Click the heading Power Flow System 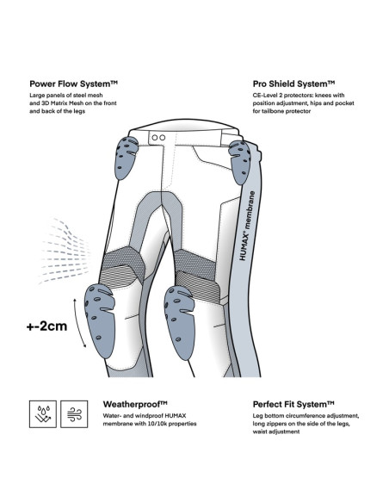[74, 84]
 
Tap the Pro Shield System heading [293, 84]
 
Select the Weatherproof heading [135, 404]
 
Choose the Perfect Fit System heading [293, 404]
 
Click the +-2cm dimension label [46, 326]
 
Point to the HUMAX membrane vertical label [247, 226]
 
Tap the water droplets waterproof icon [43, 414]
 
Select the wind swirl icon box [74, 414]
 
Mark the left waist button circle [155, 138]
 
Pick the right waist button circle [163, 138]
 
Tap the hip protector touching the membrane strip [240, 162]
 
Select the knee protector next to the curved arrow [99, 320]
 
